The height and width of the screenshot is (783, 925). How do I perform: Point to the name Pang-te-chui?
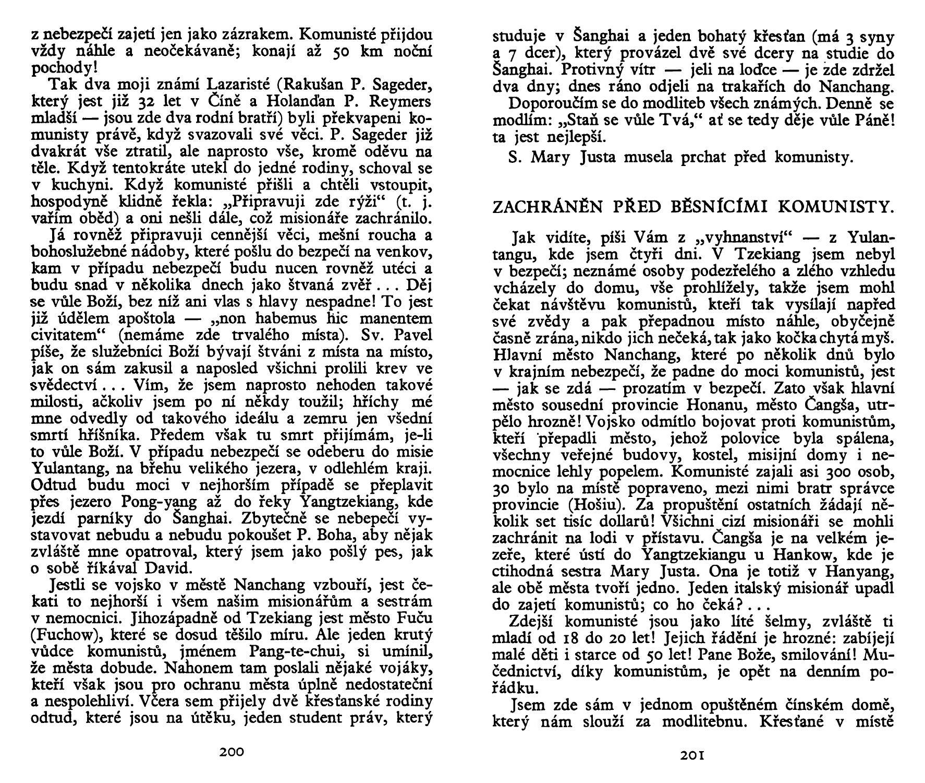coord(294,651)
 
